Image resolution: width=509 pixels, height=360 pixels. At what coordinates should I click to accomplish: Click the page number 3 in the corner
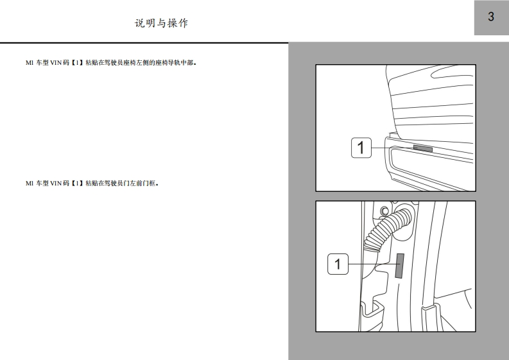pyautogui.click(x=491, y=17)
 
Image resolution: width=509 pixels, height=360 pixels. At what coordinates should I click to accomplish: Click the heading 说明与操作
pyautogui.click(x=161, y=23)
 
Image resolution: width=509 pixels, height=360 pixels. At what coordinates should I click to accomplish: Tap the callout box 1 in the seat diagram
pyautogui.click(x=361, y=148)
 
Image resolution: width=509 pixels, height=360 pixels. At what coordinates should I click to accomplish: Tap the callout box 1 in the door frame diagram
pyautogui.click(x=338, y=264)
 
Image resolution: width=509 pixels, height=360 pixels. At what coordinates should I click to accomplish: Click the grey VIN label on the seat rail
pyautogui.click(x=422, y=148)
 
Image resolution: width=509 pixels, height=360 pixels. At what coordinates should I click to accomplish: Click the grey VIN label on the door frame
pyautogui.click(x=400, y=266)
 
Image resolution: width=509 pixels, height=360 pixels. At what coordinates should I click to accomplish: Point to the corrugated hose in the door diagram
pyautogui.click(x=386, y=229)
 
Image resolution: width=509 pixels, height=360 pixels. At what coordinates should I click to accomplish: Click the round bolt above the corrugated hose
pyautogui.click(x=384, y=211)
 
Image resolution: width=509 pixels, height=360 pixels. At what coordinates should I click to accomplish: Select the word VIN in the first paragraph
pyautogui.click(x=55, y=63)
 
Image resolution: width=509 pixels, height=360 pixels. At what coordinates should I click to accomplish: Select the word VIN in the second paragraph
pyautogui.click(x=55, y=184)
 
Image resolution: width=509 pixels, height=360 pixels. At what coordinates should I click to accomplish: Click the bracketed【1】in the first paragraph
pyautogui.click(x=77, y=63)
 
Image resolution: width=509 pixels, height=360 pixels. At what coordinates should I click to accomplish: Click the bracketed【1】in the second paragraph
pyautogui.click(x=77, y=184)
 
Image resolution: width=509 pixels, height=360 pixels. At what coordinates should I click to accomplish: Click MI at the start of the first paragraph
pyautogui.click(x=30, y=63)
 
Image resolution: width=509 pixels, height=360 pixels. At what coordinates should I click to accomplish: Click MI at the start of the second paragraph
pyautogui.click(x=30, y=184)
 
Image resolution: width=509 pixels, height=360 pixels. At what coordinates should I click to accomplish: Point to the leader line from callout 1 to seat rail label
pyautogui.click(x=392, y=148)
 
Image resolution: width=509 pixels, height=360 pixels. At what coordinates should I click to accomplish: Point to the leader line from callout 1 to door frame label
pyautogui.click(x=372, y=264)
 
